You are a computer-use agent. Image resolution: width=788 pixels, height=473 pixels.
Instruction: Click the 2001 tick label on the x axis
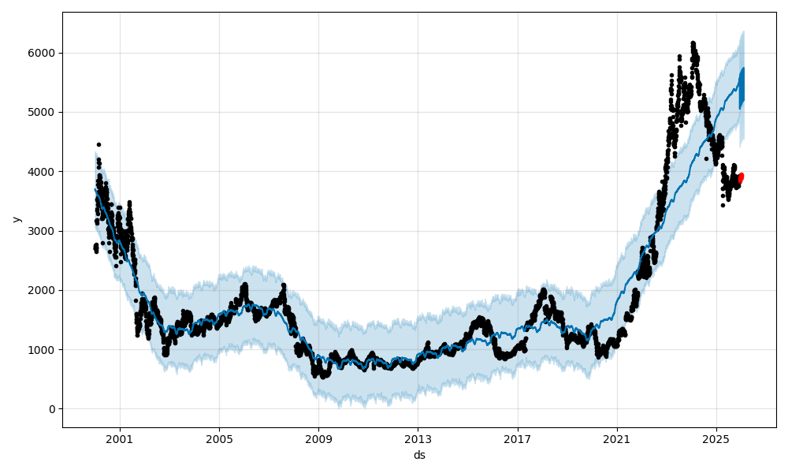click(x=120, y=439)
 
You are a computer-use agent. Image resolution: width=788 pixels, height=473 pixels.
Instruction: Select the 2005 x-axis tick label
click(x=219, y=439)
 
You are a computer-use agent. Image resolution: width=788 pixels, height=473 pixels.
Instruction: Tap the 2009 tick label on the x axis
click(x=318, y=439)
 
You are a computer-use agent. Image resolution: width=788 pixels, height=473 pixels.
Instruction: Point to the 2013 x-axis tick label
click(x=418, y=439)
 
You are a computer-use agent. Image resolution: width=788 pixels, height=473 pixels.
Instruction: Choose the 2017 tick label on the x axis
click(x=518, y=439)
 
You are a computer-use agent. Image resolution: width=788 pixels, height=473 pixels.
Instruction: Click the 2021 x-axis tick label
click(x=617, y=439)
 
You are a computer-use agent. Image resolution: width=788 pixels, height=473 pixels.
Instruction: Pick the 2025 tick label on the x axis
click(x=716, y=439)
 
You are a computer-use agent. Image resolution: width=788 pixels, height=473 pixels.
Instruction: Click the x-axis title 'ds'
click(x=419, y=455)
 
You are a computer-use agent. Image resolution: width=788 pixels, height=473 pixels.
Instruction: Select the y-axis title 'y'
click(x=15, y=219)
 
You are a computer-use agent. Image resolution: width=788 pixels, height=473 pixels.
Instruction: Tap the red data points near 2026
click(x=740, y=178)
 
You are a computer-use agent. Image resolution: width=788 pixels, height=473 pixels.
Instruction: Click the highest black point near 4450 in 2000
click(x=98, y=144)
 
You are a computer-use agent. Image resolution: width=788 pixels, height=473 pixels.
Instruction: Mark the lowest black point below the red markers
click(x=723, y=205)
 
